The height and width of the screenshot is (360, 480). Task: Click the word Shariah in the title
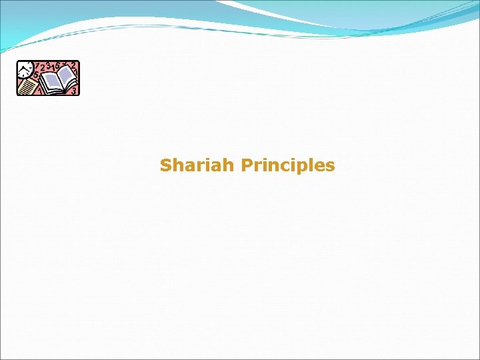197,165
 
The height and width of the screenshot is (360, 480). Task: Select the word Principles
288,165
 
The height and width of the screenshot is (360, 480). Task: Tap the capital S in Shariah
166,165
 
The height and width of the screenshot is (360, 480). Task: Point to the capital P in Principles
246,165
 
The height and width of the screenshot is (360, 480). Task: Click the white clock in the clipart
25,68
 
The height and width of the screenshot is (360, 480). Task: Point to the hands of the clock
25,69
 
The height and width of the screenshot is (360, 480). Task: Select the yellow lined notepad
28,86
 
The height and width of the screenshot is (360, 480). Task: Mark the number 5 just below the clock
35,75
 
